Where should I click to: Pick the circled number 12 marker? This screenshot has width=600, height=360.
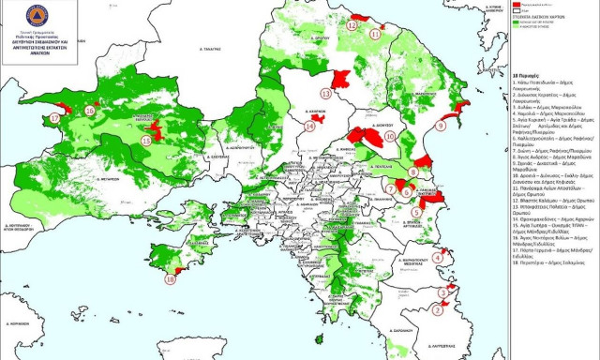(352, 26)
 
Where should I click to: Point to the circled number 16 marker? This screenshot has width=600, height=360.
(89, 110)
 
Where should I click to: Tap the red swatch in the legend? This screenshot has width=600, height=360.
(520, 5)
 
